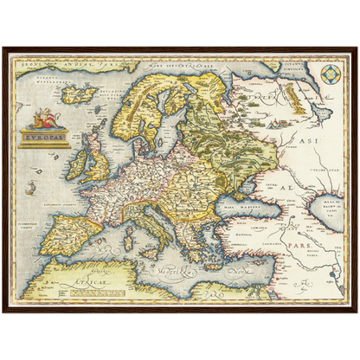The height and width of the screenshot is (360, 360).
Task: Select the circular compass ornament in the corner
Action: (331, 75)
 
